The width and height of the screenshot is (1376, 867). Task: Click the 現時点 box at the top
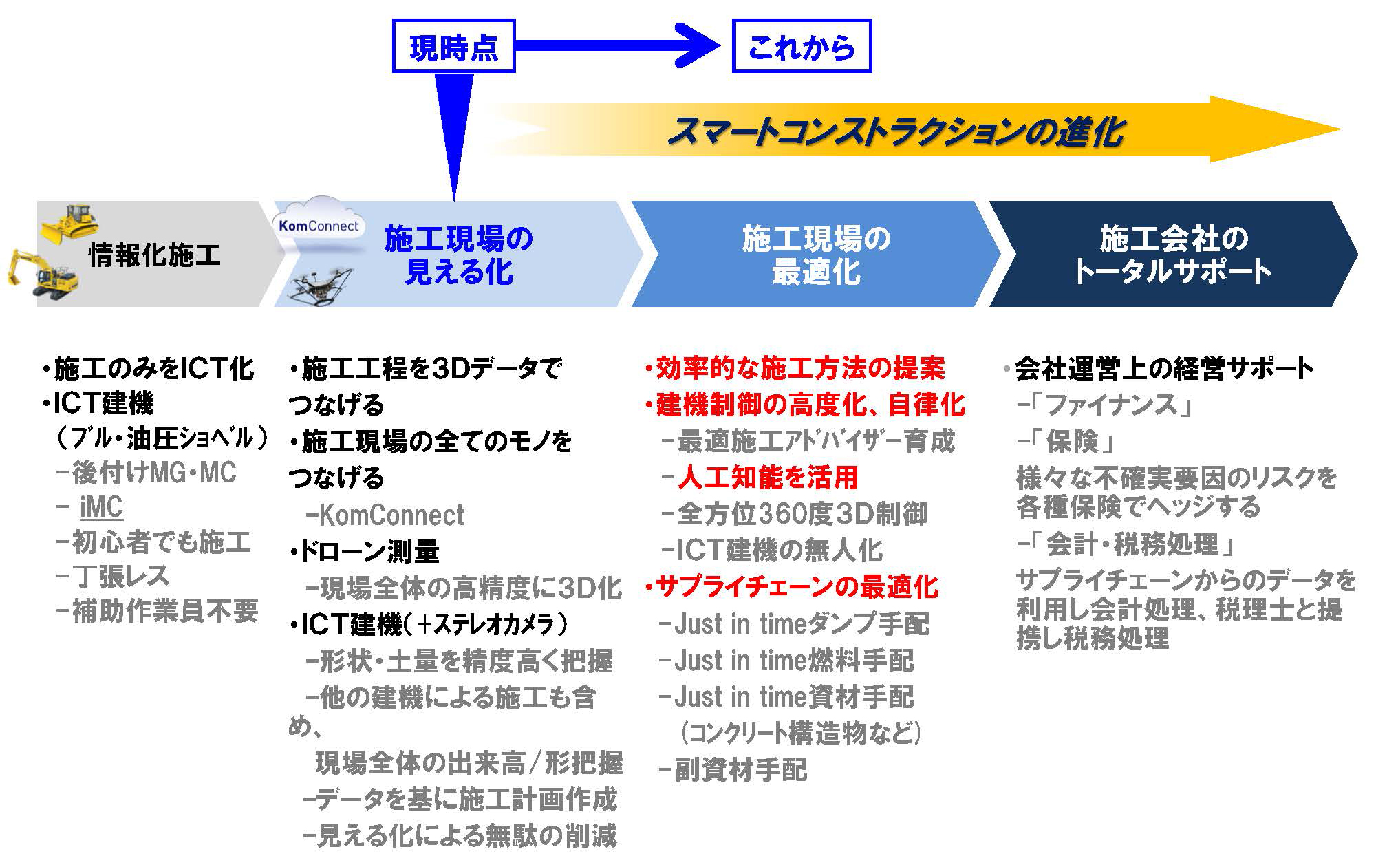click(453, 46)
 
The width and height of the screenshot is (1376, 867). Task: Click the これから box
click(802, 46)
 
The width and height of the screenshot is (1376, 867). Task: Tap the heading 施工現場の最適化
click(816, 255)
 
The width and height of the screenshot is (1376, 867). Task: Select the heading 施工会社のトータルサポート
click(1173, 255)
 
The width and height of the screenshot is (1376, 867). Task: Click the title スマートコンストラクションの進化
click(894, 131)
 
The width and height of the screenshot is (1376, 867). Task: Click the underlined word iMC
click(101, 508)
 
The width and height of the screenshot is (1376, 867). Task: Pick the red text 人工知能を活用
click(767, 478)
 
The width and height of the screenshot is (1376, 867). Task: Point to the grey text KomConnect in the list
click(391, 515)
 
